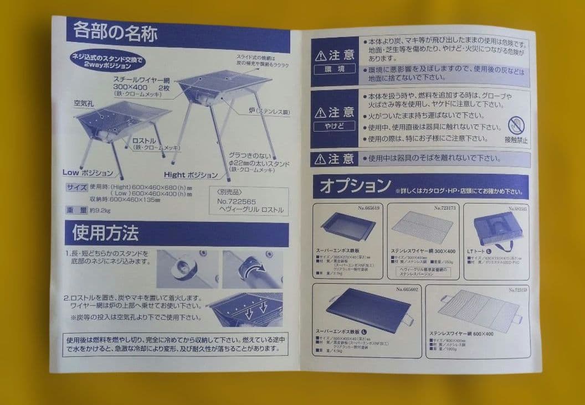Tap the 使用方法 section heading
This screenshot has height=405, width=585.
[x=105, y=233]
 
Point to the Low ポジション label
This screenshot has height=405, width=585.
[x=88, y=173]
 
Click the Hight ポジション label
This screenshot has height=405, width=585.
[x=192, y=175]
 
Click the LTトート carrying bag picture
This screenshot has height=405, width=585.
[x=497, y=227]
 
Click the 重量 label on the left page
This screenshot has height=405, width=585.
[x=75, y=210]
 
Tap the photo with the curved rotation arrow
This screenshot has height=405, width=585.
[x=252, y=269]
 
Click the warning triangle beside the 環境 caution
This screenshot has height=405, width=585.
[x=321, y=56]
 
